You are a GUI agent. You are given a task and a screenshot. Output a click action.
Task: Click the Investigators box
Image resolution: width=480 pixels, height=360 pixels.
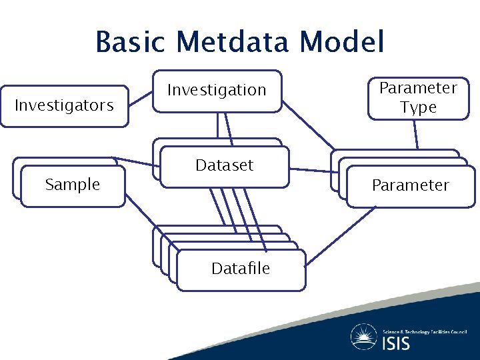click(x=64, y=105)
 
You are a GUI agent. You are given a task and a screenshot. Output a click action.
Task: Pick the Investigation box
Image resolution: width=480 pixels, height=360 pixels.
click(x=217, y=90)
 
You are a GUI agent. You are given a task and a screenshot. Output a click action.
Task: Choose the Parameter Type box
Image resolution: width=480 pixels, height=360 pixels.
click(x=418, y=98)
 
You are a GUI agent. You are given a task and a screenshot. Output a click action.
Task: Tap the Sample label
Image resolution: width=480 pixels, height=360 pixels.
click(x=73, y=185)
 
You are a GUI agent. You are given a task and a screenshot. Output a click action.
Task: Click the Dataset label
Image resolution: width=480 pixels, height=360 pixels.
click(x=225, y=165)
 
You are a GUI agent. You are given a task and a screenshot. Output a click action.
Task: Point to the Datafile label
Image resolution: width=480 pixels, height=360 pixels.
click(x=241, y=269)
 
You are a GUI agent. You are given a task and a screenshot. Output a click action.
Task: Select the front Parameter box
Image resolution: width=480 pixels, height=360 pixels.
click(x=410, y=185)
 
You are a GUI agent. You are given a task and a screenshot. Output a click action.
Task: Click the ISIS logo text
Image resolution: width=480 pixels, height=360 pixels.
click(x=396, y=343)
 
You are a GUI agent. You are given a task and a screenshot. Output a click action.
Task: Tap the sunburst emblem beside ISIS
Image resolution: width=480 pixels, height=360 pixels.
click(x=364, y=337)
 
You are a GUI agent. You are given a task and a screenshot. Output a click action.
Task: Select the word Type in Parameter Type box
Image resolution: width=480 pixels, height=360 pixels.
click(x=418, y=107)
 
